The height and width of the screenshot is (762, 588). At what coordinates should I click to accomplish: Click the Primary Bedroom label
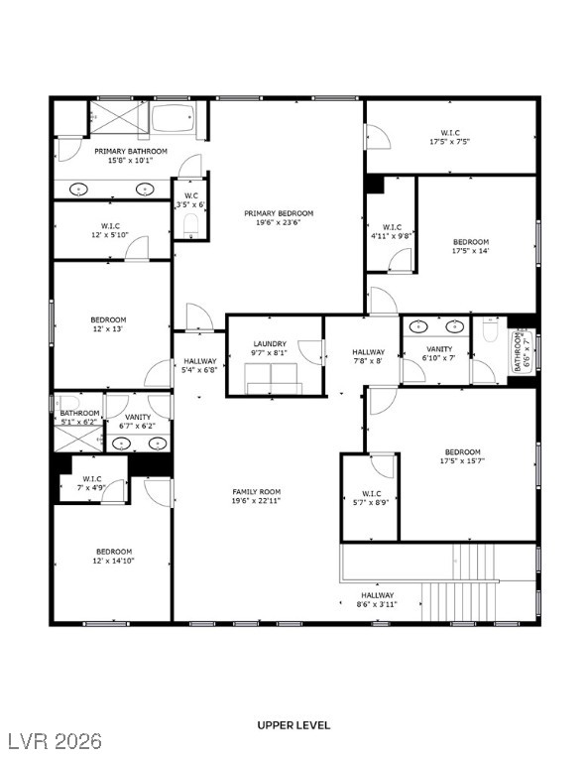pyautogui.click(x=279, y=213)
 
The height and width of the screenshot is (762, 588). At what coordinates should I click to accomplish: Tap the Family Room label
pyautogui.click(x=256, y=492)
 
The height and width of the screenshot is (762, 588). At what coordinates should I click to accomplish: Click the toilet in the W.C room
pyautogui.click(x=189, y=227)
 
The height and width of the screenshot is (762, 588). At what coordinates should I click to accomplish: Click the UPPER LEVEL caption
pyautogui.click(x=294, y=725)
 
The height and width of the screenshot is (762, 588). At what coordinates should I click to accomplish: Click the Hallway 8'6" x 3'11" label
pyautogui.click(x=377, y=599)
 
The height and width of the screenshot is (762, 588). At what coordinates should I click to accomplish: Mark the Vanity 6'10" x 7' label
pyautogui.click(x=439, y=353)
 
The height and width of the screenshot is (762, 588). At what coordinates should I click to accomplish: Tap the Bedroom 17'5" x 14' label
pyautogui.click(x=471, y=246)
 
